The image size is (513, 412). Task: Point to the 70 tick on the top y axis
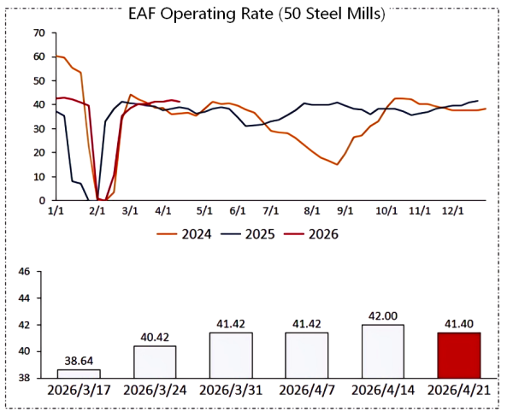coord(38,32)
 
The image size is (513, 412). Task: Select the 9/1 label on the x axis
coord(345,210)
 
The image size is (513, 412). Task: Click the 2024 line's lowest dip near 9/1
coord(337,164)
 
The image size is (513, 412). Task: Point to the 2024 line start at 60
coord(56,56)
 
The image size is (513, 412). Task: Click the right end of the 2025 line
coord(477,101)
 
